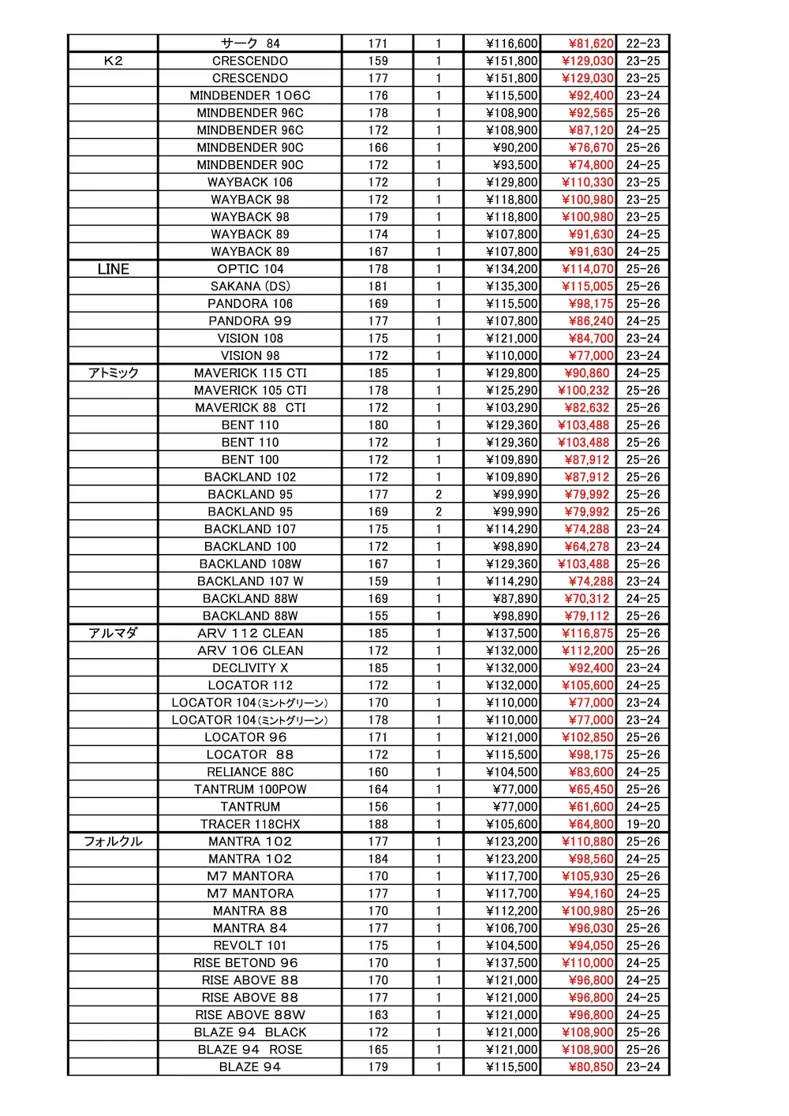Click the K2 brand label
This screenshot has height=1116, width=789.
[113, 61]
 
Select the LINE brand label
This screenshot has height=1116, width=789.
[113, 269]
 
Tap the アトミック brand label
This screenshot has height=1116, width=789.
[113, 373]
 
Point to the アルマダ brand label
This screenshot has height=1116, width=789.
[113, 634]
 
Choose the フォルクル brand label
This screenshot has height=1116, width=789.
[113, 842]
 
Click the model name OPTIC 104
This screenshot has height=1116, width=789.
[250, 269]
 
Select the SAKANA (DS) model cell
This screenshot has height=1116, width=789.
[250, 286]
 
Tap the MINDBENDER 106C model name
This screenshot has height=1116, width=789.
[250, 95]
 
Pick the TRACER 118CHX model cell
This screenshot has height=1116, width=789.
[250, 825]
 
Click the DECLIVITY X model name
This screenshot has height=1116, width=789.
[250, 668]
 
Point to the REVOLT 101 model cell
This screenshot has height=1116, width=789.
[250, 946]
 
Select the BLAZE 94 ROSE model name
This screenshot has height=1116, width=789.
[250, 1050]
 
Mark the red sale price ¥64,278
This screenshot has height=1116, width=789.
[588, 547]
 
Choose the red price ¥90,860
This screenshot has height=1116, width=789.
[588, 373]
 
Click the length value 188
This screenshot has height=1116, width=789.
[378, 825]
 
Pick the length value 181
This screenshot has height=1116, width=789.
[378, 286]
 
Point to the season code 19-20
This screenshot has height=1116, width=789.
[643, 825]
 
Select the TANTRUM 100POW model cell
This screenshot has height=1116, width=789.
[250, 790]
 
